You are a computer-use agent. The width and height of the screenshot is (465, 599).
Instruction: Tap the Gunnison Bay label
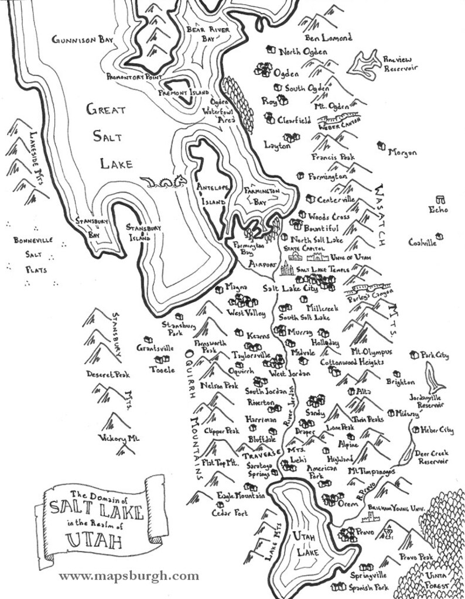point(81,40)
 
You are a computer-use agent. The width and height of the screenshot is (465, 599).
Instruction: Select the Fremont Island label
point(182,93)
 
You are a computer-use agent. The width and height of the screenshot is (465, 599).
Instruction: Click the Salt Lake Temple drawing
point(288,268)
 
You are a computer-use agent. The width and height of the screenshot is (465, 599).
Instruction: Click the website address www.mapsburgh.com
point(129,576)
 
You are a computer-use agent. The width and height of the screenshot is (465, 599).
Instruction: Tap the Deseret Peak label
point(108,374)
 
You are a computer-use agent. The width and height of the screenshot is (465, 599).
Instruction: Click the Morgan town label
point(402,152)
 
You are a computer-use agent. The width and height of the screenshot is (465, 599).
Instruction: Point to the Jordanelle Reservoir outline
point(434,378)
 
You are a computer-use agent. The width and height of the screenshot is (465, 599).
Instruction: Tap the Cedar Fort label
point(229,513)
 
